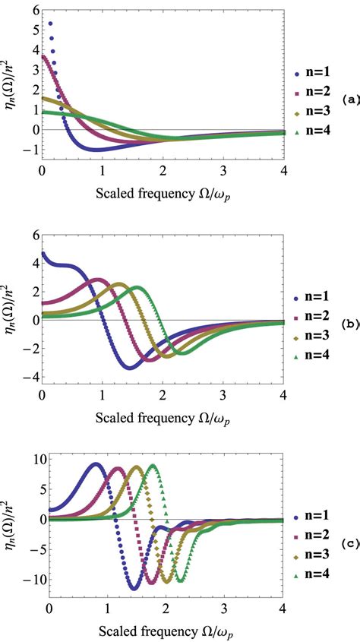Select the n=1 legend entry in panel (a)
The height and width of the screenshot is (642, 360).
tap(320, 74)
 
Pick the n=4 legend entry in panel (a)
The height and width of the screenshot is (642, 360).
tap(320, 134)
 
